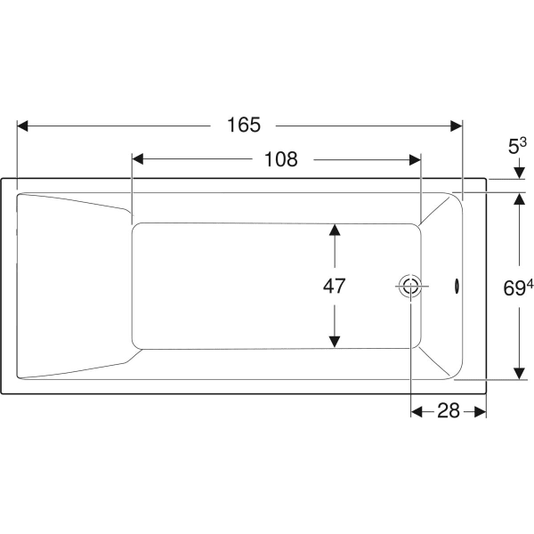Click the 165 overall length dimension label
coord(244,125)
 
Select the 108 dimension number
coord(281,159)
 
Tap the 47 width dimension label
coord(334,286)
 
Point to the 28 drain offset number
coord(449,410)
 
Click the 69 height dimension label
coord(514,288)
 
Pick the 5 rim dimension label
coord(514,147)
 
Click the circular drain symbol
coord(410,286)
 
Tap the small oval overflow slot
coord(456,286)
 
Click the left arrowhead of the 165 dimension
coord(22,126)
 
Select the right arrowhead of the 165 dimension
coord(457,126)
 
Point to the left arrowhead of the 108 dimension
coord(138,159)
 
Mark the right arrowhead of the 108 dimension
coord(415,159)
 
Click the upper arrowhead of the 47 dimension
coord(335,230)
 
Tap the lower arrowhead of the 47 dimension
coord(335,342)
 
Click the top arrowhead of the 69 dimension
coord(520,198)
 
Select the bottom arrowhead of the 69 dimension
coord(520,374)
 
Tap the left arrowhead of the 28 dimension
coord(417,411)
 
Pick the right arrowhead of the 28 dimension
coord(481,411)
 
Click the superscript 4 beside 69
coord(530,284)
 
